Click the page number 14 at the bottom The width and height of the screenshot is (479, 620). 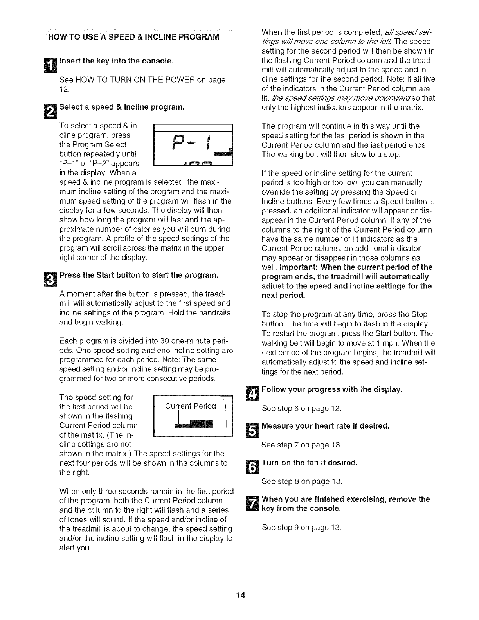(x=239, y=595)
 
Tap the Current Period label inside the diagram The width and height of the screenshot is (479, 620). (x=191, y=406)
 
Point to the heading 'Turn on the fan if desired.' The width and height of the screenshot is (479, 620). (x=310, y=463)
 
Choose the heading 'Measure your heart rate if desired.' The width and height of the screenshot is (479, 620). (x=326, y=426)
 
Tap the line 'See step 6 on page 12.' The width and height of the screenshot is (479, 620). (x=301, y=409)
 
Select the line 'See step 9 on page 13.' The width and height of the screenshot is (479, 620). (x=301, y=527)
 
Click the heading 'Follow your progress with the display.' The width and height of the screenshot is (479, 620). (x=332, y=390)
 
